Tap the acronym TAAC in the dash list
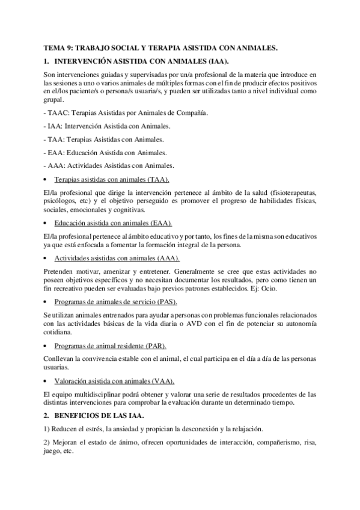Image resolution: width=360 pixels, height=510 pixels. coord(58,112)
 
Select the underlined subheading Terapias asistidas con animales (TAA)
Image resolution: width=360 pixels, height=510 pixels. coord(112,179)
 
